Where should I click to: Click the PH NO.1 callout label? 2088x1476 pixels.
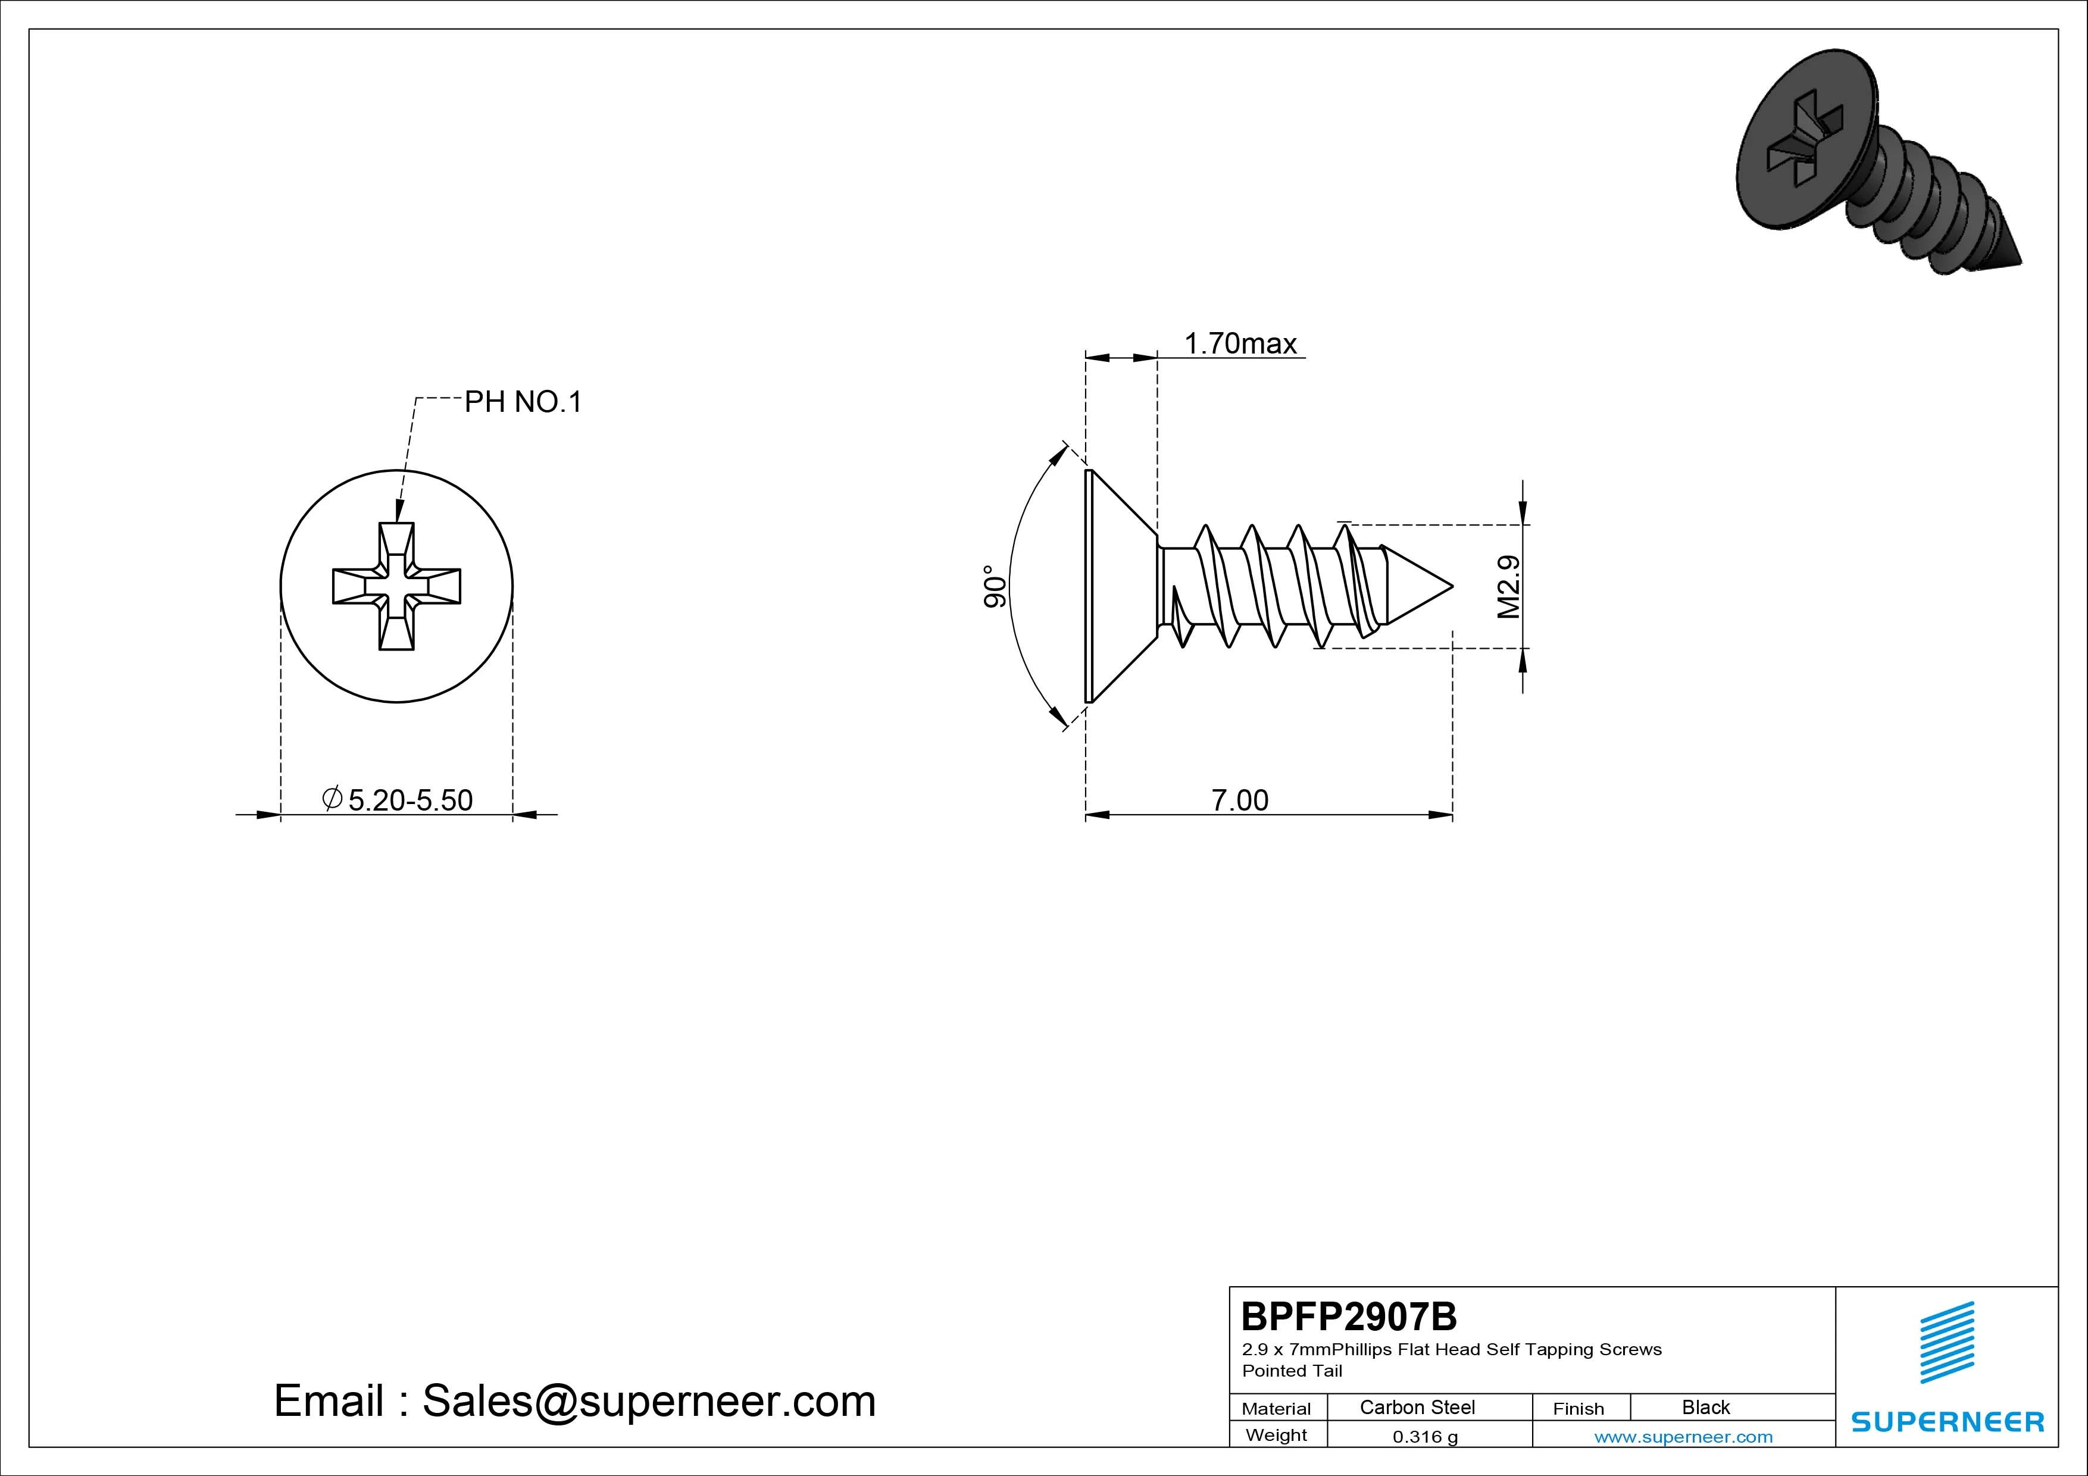tap(523, 402)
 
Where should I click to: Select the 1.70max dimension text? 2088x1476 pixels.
tap(1240, 344)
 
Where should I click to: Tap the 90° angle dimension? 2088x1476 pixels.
tap(995, 587)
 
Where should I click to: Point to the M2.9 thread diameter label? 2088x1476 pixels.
tap(1509, 587)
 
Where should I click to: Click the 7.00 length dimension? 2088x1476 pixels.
tap(1239, 800)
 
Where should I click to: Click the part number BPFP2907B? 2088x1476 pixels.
tap(1349, 1316)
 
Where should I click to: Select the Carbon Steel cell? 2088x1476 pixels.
tap(1417, 1407)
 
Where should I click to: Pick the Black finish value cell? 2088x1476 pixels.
tap(1705, 1407)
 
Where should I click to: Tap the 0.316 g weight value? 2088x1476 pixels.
tap(1425, 1437)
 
